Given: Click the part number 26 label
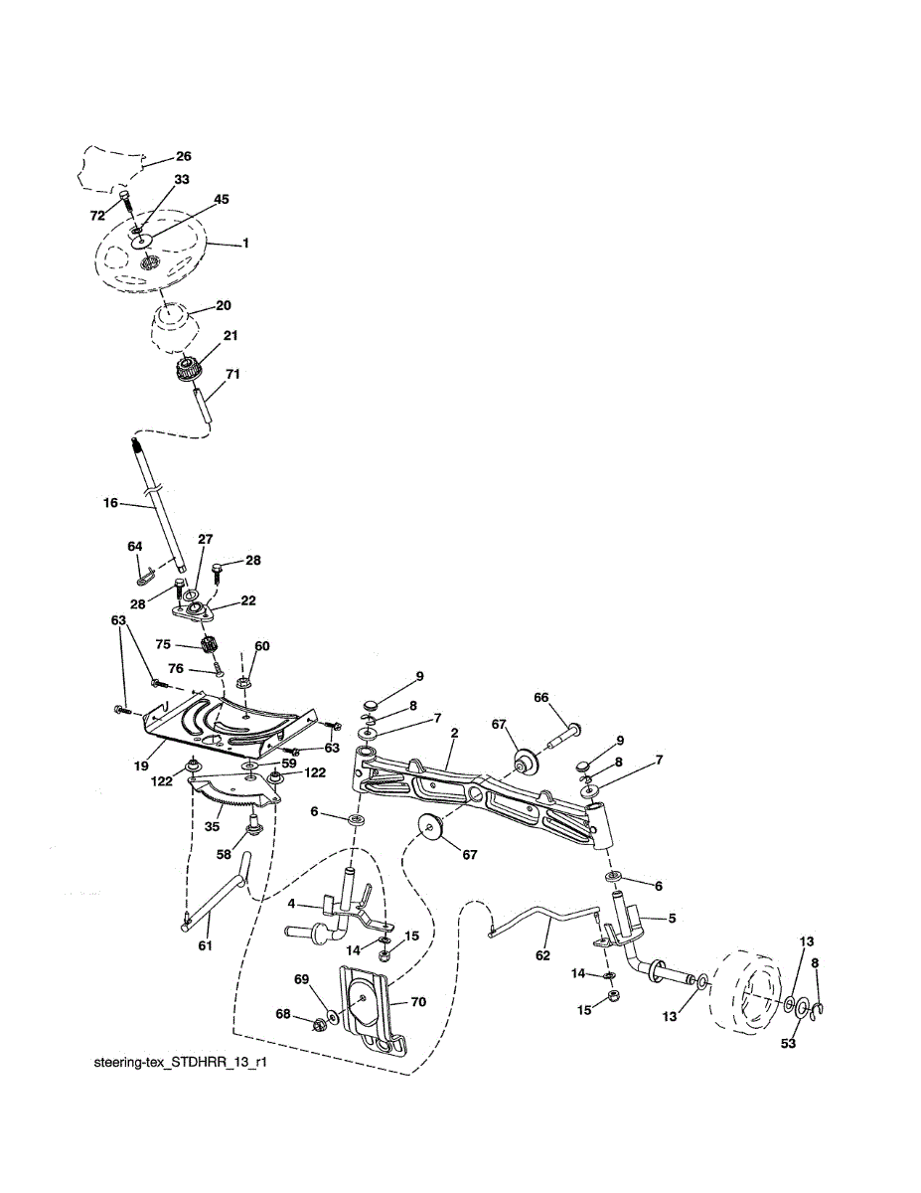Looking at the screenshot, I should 183,156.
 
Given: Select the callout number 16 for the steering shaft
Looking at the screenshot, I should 109,505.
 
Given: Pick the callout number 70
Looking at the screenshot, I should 418,1003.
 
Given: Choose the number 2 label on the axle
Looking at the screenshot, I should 453,734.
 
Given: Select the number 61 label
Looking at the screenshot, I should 205,945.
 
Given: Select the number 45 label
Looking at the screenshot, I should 221,199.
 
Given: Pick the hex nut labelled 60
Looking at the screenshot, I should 244,684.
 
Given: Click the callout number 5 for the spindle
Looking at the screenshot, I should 672,919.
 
